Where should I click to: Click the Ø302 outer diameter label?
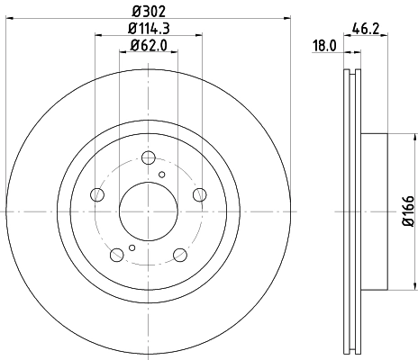click(147, 13)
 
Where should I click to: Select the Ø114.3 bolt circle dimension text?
click(147, 29)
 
